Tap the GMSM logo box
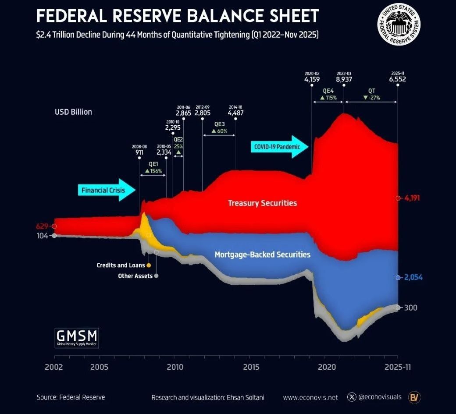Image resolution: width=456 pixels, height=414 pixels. (77, 338)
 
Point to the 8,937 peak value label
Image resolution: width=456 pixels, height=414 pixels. (344, 80)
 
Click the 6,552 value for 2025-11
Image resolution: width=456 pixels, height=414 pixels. (397, 80)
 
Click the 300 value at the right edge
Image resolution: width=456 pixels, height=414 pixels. (410, 308)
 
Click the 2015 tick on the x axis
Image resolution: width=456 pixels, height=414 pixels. (251, 366)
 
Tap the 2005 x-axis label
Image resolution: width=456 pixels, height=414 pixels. (99, 366)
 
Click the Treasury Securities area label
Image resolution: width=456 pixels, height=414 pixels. (262, 203)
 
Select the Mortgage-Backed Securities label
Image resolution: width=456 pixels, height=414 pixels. (262, 255)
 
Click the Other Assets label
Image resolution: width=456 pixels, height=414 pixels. (135, 276)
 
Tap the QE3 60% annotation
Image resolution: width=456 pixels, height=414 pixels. (219, 127)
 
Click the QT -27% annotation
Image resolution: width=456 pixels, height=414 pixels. (371, 95)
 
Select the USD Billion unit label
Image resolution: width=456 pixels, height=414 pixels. (73, 112)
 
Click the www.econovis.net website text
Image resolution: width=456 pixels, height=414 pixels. (310, 397)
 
